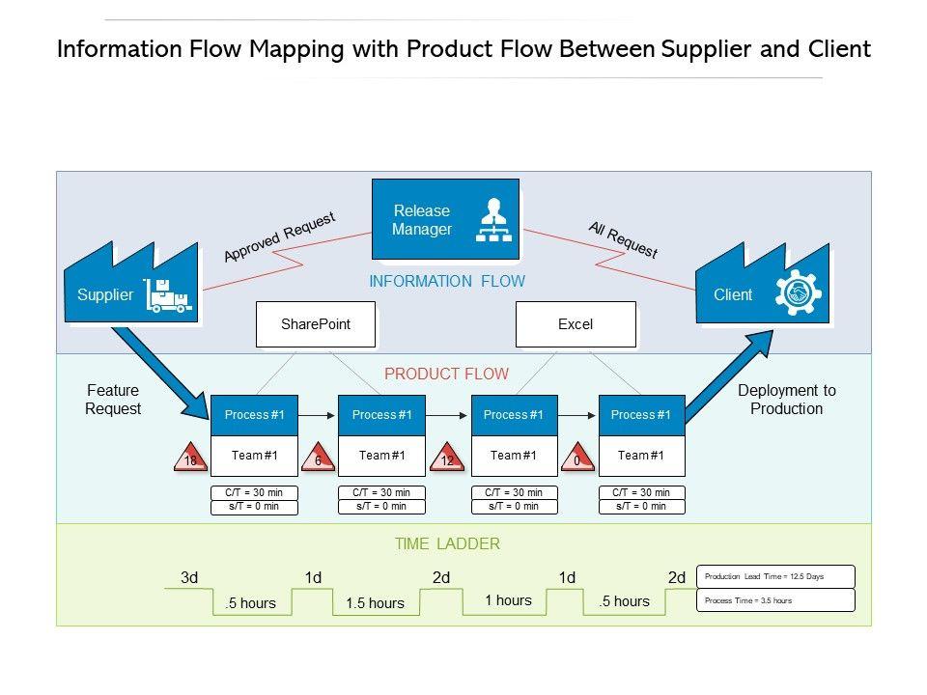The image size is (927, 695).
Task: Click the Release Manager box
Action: tap(445, 220)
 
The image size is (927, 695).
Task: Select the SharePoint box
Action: tap(315, 324)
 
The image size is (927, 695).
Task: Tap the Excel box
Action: tap(576, 324)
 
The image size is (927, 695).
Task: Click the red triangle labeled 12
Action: tap(447, 459)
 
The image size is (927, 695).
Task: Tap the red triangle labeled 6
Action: tap(318, 459)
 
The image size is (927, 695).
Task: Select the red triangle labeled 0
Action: tap(576, 459)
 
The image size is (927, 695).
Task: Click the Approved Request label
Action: tap(279, 236)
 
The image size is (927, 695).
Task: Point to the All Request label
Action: tap(623, 239)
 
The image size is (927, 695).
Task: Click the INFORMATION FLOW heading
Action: tap(447, 282)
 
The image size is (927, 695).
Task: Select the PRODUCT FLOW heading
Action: tap(446, 375)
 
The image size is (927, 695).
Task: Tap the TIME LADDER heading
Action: tap(447, 544)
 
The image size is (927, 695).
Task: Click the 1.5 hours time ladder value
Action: tap(375, 603)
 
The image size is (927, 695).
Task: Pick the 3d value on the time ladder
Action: tap(189, 578)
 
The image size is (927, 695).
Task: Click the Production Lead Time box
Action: tap(775, 576)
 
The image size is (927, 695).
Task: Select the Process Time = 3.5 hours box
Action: tap(775, 600)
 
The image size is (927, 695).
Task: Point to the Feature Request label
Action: tap(113, 400)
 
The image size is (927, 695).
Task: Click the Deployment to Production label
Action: tap(787, 400)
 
